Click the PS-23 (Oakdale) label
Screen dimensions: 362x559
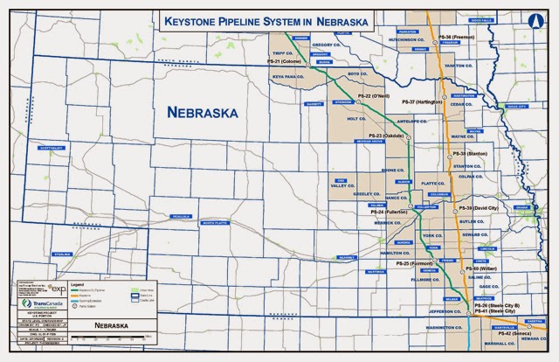click(x=384, y=136)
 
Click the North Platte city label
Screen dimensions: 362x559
click(x=216, y=223)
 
